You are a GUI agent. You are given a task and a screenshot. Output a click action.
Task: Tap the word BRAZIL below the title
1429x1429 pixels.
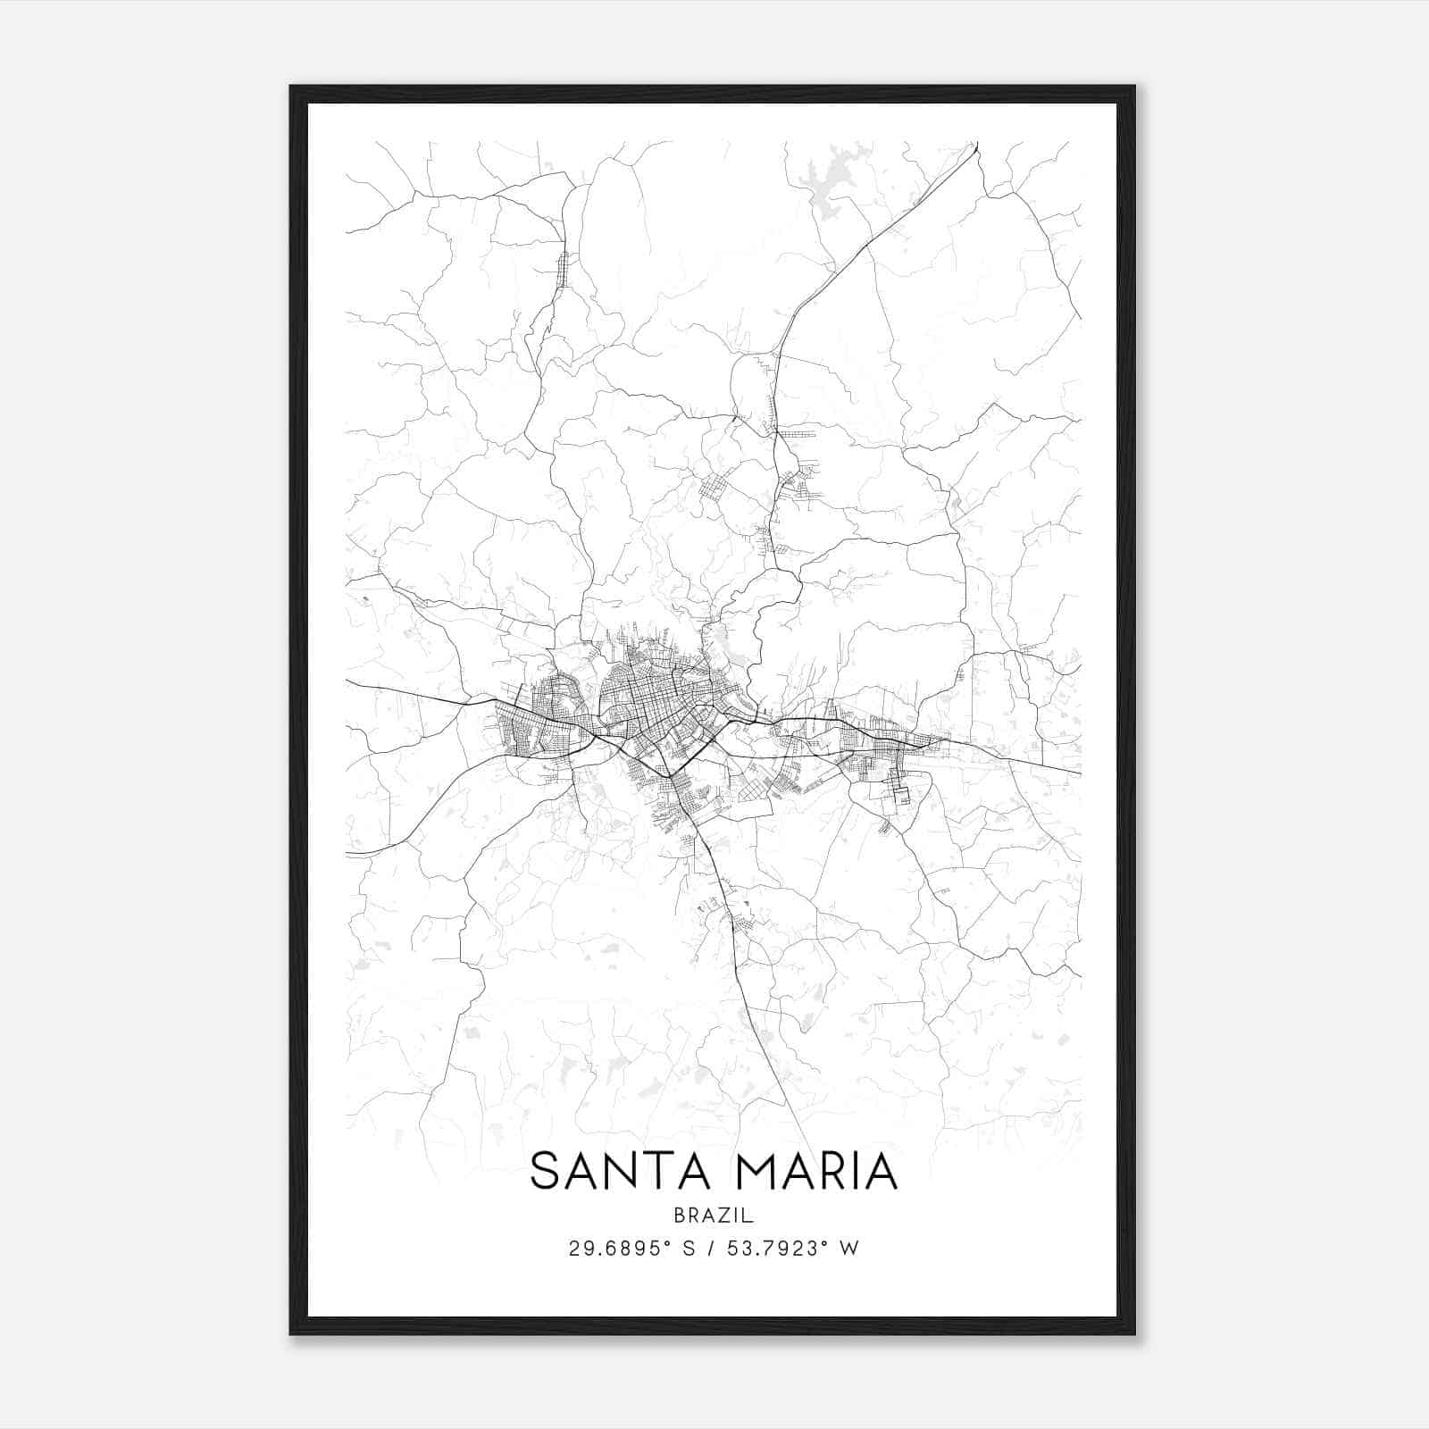coord(714,1216)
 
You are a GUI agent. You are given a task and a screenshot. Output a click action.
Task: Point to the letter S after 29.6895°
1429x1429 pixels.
coord(688,1249)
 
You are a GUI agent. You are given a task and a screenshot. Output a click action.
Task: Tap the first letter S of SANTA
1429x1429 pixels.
coord(545,1171)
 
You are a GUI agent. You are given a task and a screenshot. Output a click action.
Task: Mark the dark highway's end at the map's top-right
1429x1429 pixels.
coord(976,144)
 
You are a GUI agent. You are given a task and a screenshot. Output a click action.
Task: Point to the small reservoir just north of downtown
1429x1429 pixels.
coord(720,639)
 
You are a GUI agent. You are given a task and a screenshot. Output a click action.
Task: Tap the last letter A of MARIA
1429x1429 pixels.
coord(880,1171)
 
